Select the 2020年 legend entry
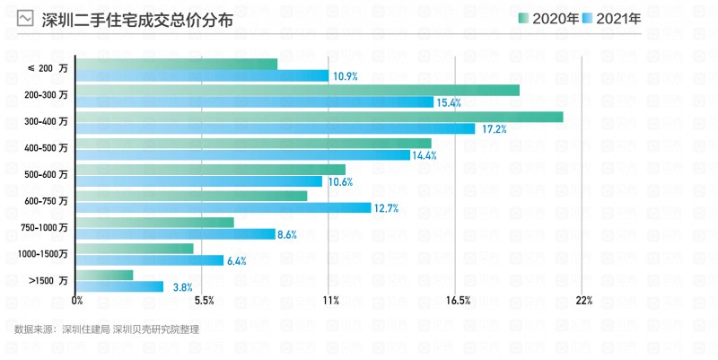point(547,19)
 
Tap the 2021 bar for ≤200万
point(203,76)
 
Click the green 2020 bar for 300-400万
point(320,117)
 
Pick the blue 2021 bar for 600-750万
point(223,208)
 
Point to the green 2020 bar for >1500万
point(105,275)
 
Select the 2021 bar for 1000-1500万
point(150,261)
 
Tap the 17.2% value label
point(495,129)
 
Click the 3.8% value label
point(182,287)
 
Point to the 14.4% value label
point(424,155)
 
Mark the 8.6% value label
point(287,235)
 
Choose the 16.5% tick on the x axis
point(457,301)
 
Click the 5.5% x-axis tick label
point(204,301)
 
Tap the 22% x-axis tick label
point(583,301)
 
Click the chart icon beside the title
point(26,19)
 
